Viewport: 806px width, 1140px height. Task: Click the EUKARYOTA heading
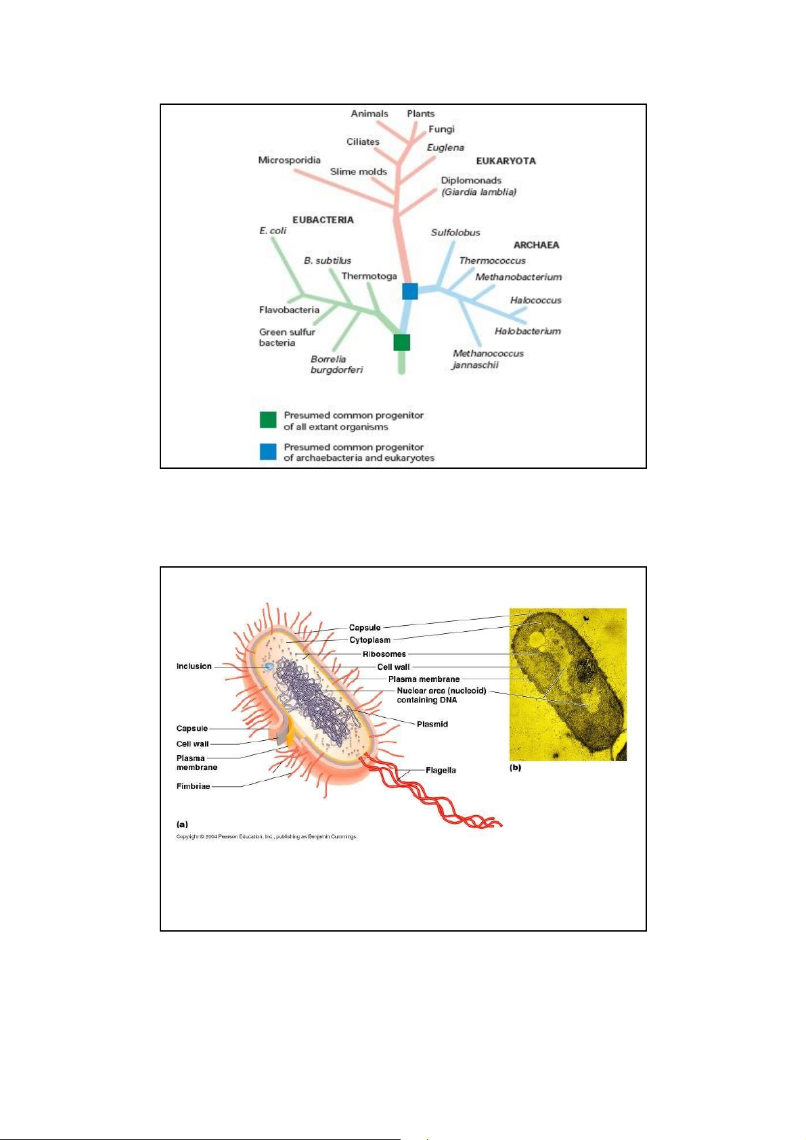click(506, 161)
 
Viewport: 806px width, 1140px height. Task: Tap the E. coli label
click(273, 231)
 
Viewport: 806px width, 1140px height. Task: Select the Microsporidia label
click(289, 160)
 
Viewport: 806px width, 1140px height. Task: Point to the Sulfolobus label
click(455, 233)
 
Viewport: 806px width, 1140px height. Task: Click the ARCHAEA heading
click(536, 246)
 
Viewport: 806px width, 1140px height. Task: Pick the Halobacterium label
click(527, 332)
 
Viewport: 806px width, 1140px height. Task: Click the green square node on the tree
click(402, 342)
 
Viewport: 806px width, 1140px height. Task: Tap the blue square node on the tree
click(410, 292)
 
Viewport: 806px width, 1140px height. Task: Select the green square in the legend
click(268, 420)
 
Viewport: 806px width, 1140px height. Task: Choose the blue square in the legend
click(268, 451)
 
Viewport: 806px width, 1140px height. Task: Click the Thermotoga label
click(369, 276)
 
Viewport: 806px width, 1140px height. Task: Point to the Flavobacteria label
click(289, 310)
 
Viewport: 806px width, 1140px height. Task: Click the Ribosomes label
click(384, 654)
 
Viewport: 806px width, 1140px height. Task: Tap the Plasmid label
click(432, 724)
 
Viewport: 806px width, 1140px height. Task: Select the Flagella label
click(441, 771)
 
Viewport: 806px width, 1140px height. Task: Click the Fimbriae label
click(193, 786)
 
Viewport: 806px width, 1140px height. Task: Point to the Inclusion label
click(194, 666)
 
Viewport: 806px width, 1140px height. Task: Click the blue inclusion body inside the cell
click(268, 666)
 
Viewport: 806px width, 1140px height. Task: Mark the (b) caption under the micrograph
click(515, 768)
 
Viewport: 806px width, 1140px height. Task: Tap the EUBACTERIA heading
click(323, 220)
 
